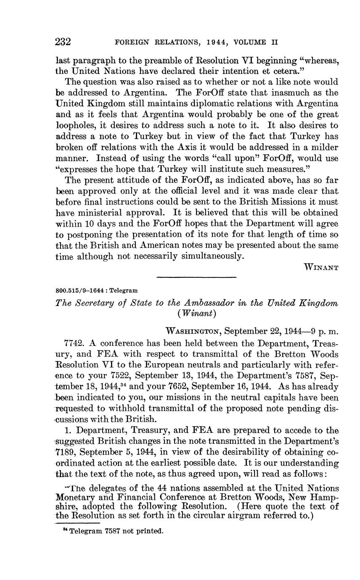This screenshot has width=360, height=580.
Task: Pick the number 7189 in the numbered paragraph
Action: pos(66,452)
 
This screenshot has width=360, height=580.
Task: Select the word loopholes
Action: pos(77,125)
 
